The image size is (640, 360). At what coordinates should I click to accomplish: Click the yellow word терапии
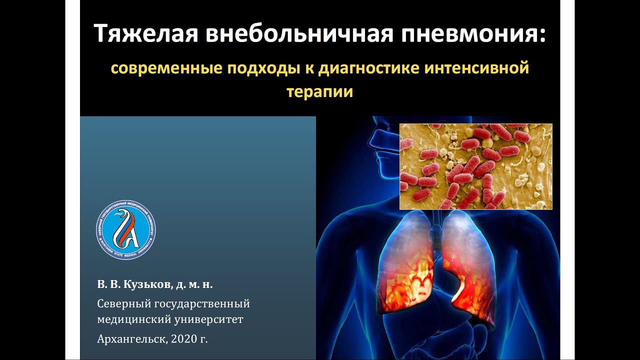click(x=320, y=92)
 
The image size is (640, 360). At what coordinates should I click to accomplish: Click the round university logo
click(x=125, y=230)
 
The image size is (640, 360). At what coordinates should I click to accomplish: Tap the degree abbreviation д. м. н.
click(x=194, y=284)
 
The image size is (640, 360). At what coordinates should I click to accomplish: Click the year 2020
click(x=182, y=339)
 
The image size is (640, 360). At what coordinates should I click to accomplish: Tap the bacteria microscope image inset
click(x=475, y=166)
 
